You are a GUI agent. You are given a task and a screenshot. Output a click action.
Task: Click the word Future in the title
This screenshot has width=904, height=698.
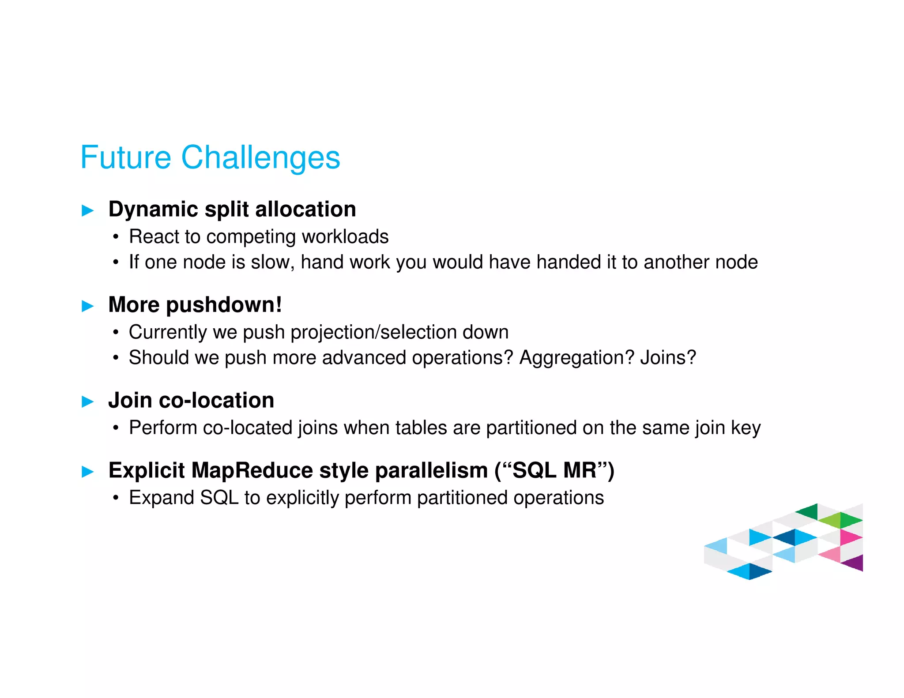click(x=126, y=158)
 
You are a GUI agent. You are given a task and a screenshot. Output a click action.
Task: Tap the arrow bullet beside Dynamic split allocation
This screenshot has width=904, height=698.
click(x=88, y=210)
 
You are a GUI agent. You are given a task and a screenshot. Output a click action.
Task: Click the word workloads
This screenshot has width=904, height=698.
click(x=345, y=237)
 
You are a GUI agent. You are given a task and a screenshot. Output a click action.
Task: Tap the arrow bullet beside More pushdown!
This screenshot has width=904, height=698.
click(x=88, y=306)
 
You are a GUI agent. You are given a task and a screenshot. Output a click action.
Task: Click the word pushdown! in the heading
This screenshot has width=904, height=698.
click(x=224, y=305)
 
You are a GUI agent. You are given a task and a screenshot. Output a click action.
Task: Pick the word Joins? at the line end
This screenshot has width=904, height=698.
click(x=668, y=358)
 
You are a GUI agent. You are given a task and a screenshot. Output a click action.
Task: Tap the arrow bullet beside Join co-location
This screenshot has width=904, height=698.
click(x=88, y=402)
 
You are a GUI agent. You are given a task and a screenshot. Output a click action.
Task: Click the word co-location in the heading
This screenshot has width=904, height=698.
click(x=216, y=401)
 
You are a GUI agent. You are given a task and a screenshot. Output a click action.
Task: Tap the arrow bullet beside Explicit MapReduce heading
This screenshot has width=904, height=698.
click(x=88, y=472)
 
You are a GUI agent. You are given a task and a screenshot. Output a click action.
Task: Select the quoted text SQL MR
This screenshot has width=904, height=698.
click(x=554, y=470)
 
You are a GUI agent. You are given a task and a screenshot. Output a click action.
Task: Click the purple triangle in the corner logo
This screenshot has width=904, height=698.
click(x=855, y=563)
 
